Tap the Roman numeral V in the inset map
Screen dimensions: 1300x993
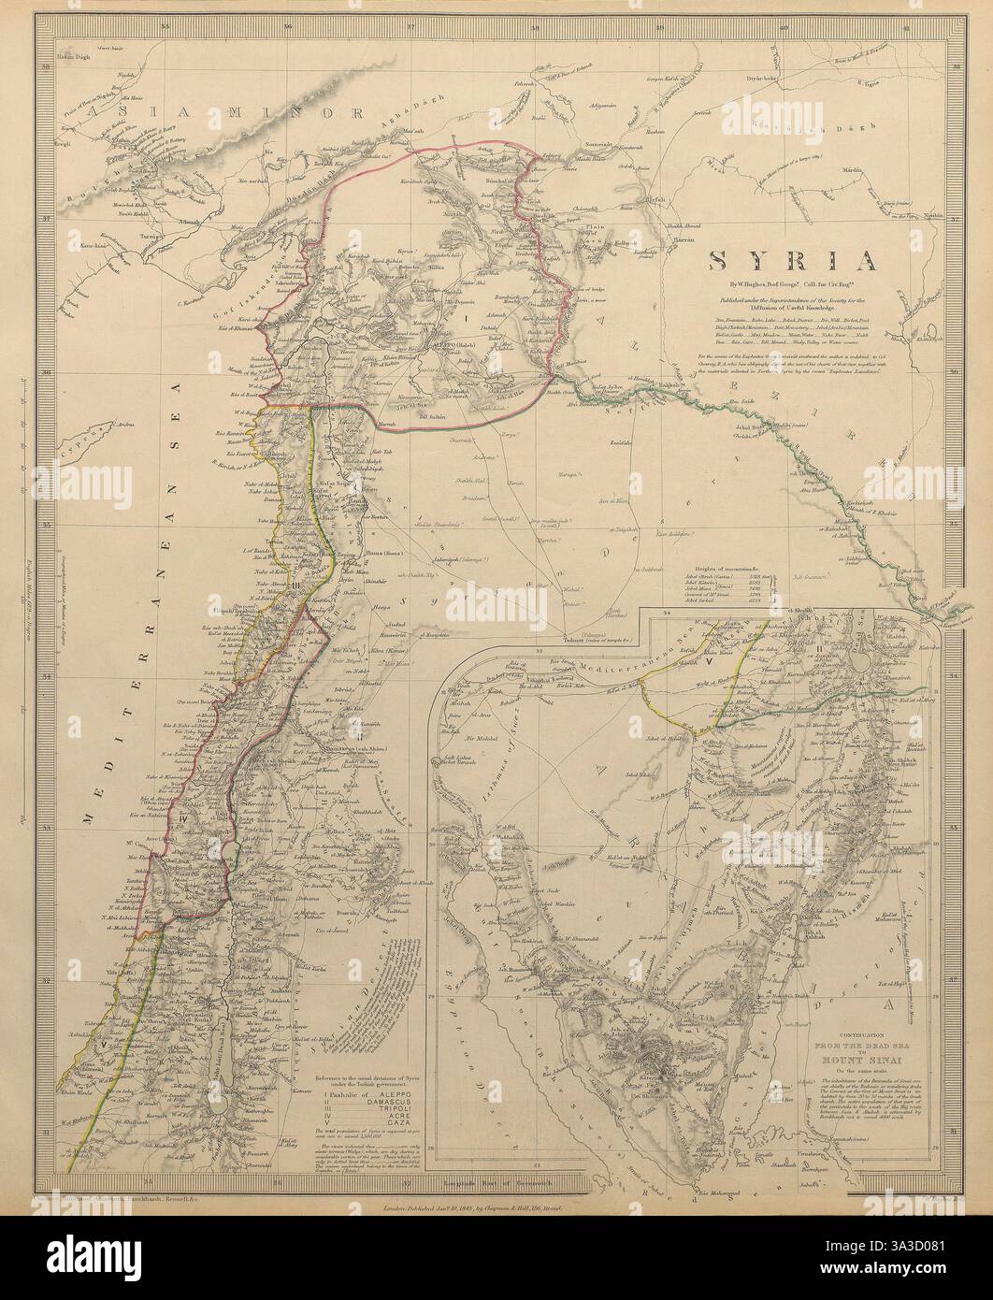click(x=710, y=657)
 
